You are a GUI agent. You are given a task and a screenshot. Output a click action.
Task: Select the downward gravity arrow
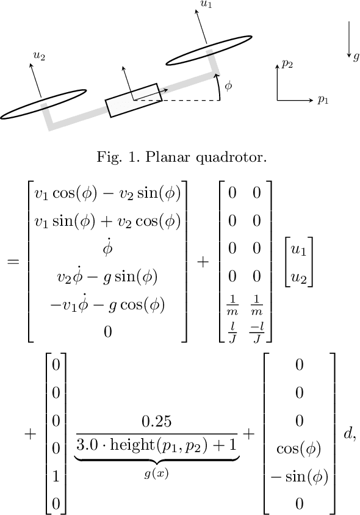point(348,40)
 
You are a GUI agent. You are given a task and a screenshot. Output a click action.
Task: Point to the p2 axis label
point(287,62)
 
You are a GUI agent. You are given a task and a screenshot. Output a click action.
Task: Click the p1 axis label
point(323,99)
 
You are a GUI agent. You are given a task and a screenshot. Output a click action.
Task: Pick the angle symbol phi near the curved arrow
point(228,85)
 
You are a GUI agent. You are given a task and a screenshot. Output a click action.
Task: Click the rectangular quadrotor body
point(133,100)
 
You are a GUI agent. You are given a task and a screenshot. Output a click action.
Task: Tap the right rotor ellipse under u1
point(209,50)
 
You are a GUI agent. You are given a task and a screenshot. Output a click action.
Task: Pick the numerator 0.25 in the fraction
point(156,422)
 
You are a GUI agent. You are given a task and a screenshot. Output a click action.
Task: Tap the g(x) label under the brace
point(157,472)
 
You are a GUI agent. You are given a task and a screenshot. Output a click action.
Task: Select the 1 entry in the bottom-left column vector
point(56,477)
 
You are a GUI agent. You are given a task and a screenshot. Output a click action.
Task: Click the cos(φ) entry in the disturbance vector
point(299,449)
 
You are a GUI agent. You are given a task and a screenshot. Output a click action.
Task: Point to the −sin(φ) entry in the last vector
point(299,477)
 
